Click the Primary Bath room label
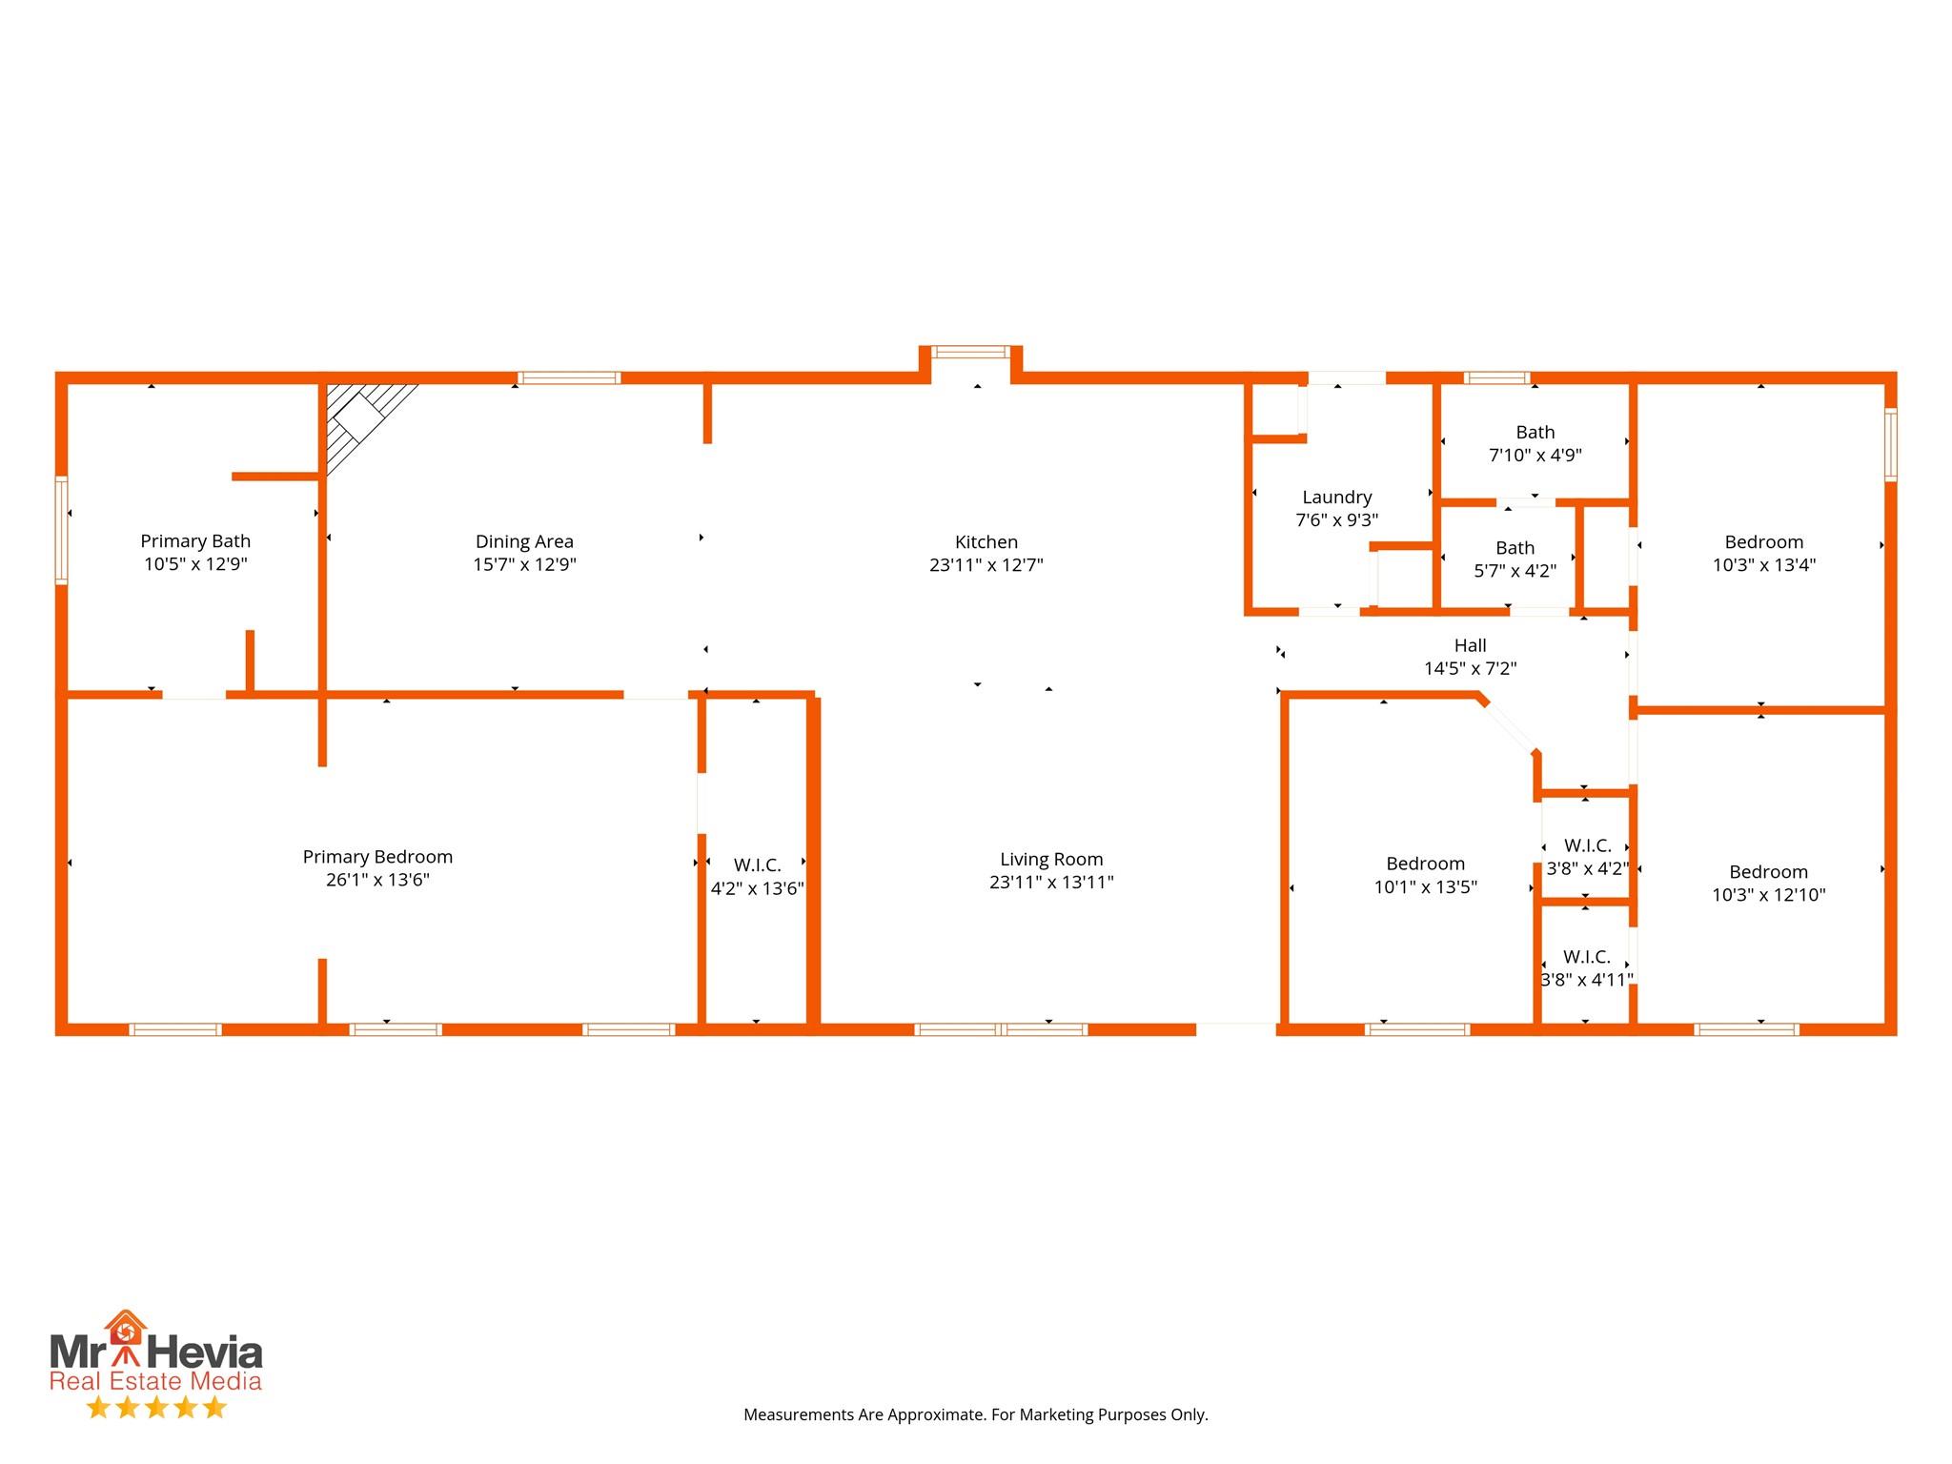click(195, 541)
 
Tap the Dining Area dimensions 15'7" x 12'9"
click(524, 564)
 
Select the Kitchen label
click(986, 541)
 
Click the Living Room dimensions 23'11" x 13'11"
click(1051, 883)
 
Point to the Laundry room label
click(1336, 498)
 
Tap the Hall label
click(1470, 646)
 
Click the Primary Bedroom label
click(377, 857)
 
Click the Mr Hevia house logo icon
click(125, 1329)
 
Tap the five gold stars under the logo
click(156, 1408)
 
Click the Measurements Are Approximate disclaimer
click(975, 1414)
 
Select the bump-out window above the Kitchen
click(970, 352)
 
